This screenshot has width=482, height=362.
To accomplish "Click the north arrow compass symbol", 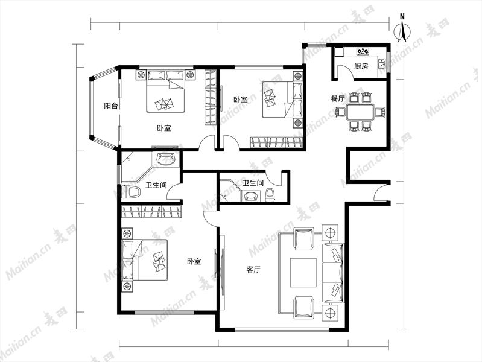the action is pos(402,30).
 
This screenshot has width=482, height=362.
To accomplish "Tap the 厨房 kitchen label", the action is pos(361,66).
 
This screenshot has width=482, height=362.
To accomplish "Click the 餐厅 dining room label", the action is pos(337,99).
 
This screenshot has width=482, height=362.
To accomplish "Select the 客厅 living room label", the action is pos(253,270).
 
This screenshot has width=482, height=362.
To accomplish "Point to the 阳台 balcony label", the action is pos(111,106).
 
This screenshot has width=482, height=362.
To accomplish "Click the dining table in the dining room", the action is pos(360,112).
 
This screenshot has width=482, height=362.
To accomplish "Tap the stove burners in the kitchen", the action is pos(363,51).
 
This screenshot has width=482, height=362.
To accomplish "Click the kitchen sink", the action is pos(382,64).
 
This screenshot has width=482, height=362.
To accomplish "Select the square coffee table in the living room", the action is pos(303,273).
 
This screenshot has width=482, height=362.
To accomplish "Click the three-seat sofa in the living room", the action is pos(332,273).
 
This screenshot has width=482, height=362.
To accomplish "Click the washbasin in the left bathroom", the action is pos(166,159).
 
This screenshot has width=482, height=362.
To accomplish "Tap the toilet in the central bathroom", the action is pos(270,195).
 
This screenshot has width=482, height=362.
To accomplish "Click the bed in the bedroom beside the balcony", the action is pos(166,91).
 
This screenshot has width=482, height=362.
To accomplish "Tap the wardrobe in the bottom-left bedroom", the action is pos(151,212).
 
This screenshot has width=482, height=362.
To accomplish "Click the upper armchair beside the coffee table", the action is pos(303,238).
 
